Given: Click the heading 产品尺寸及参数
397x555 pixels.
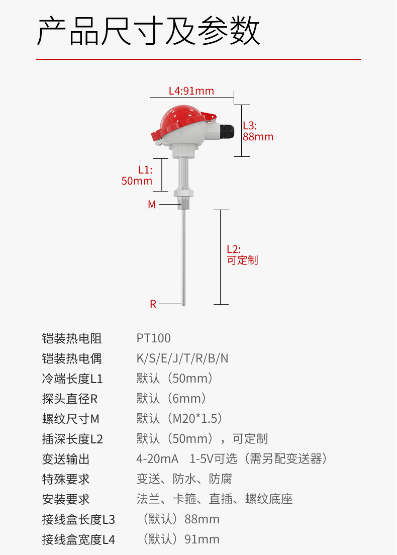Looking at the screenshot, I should (x=149, y=31).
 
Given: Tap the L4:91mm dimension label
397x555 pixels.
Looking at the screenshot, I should (x=191, y=91).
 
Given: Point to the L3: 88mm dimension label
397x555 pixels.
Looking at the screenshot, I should (x=258, y=131).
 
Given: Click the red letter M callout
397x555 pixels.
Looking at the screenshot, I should (x=152, y=205).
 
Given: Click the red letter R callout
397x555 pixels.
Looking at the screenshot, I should (x=153, y=304).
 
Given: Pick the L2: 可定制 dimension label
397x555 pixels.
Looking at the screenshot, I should (x=242, y=255).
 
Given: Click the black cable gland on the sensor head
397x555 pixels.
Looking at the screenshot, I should (x=227, y=132).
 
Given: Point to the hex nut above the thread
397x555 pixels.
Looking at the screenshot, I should (x=184, y=193).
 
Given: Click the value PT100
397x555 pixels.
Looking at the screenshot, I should (x=154, y=338).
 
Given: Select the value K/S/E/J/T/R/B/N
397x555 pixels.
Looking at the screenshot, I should (x=182, y=358).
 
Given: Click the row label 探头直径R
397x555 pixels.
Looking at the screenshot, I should (x=70, y=399).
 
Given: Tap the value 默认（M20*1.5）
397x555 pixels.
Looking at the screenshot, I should (x=179, y=419).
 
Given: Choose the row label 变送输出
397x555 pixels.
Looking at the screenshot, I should (x=66, y=459).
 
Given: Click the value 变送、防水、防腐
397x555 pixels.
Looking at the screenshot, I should (x=184, y=479).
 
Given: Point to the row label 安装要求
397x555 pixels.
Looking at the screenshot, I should (x=66, y=499).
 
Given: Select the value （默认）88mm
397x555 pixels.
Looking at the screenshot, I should (x=181, y=519).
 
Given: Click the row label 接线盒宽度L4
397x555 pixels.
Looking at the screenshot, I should (x=78, y=539).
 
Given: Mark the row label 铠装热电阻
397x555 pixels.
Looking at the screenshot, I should (x=72, y=338).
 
